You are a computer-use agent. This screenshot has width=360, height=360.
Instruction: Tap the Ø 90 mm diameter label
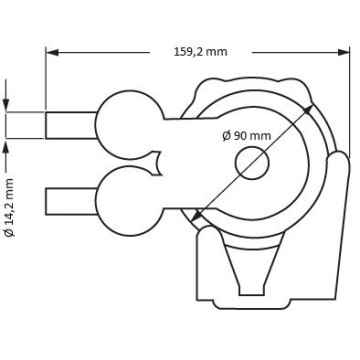click(x=246, y=134)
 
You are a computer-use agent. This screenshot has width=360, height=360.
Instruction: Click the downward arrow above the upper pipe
click(x=8, y=104)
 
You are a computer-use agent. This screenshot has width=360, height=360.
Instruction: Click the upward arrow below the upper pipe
click(x=8, y=146)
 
